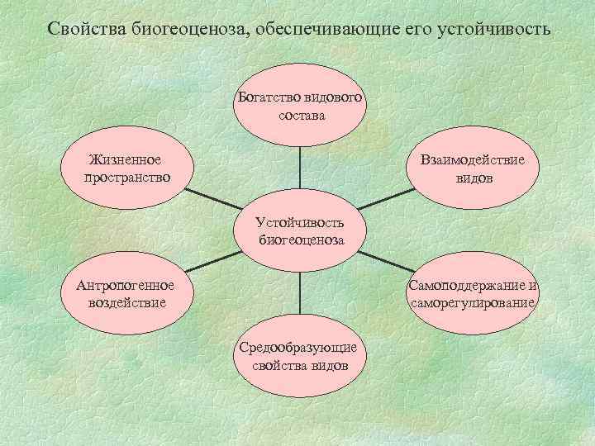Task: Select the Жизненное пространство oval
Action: coord(126,169)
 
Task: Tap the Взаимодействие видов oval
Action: coord(471,169)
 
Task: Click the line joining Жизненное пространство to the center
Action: coord(211,200)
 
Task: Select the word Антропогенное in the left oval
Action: coord(126,286)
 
